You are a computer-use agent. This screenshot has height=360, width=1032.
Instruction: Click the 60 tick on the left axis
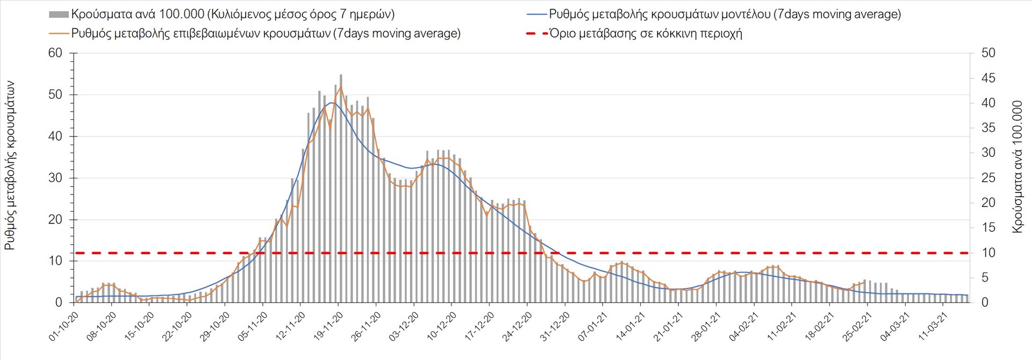click(55, 53)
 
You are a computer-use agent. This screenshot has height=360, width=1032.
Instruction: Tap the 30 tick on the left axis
click(55, 178)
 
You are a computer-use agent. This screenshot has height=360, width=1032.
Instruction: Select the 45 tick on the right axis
click(988, 78)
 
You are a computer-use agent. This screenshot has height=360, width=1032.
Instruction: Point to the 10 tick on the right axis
click(988, 253)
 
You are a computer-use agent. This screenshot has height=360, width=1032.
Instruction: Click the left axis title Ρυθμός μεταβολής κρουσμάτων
click(10, 165)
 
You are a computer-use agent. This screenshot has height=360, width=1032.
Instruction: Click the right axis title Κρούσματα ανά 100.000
click(1017, 167)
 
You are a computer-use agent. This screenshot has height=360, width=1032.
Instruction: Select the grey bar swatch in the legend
click(59, 15)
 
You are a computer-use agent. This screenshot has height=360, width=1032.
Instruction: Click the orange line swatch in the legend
click(59, 33)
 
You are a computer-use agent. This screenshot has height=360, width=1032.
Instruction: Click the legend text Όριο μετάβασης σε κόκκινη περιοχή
click(646, 33)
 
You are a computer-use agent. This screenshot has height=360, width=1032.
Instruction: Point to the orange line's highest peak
click(341, 87)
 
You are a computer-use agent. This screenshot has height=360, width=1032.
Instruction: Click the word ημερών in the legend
click(373, 15)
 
